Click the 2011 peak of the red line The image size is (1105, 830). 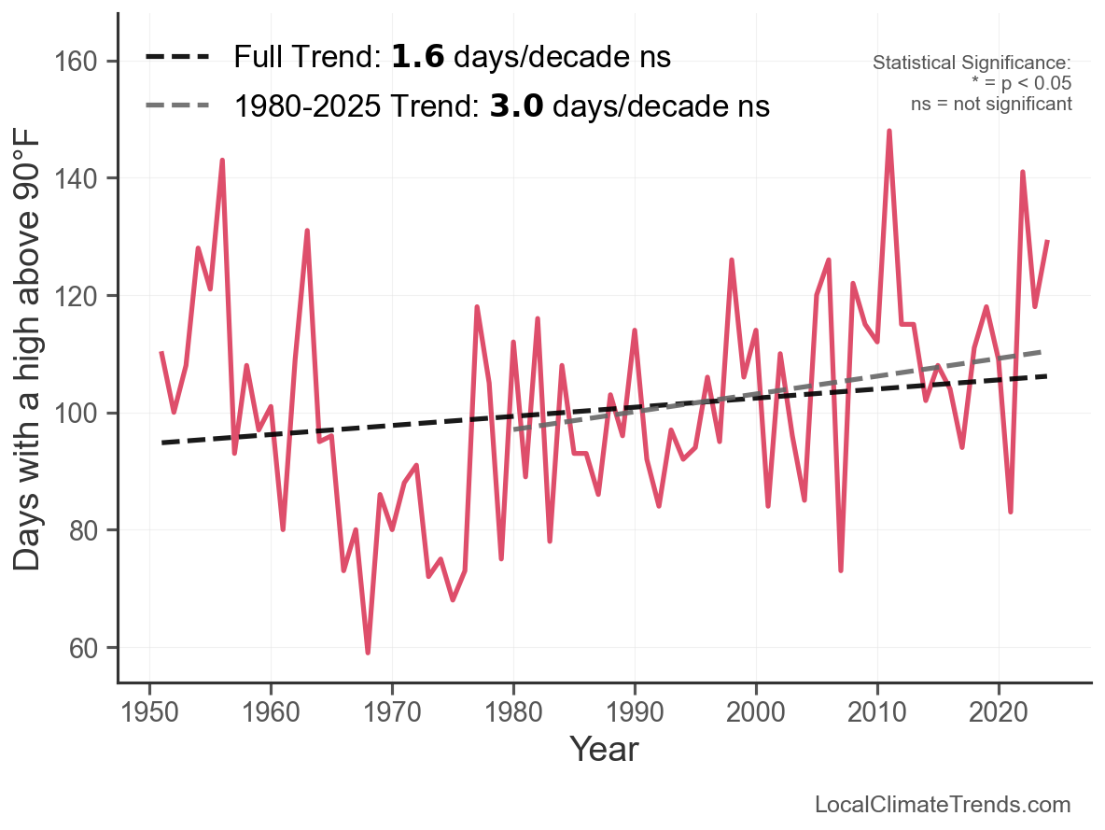click(x=889, y=131)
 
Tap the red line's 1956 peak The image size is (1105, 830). click(x=222, y=161)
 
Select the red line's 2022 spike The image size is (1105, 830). click(x=1023, y=172)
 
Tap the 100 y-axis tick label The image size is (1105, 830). click(x=83, y=414)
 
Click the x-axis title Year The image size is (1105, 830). click(x=604, y=749)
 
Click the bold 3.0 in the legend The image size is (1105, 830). click(x=516, y=106)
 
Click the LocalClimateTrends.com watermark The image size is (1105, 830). click(x=943, y=805)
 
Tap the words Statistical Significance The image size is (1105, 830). click(x=972, y=63)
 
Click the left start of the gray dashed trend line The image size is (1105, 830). click(x=514, y=429)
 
